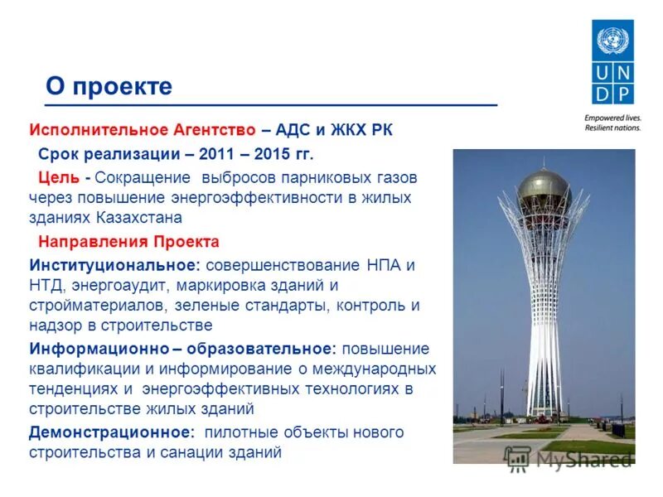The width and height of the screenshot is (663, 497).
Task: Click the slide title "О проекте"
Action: coord(109,86)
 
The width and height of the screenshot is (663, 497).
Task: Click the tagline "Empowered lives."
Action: coord(612,118)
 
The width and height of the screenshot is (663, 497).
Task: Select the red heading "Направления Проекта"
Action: coord(128,242)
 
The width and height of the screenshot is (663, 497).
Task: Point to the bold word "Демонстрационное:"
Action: coord(112,432)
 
